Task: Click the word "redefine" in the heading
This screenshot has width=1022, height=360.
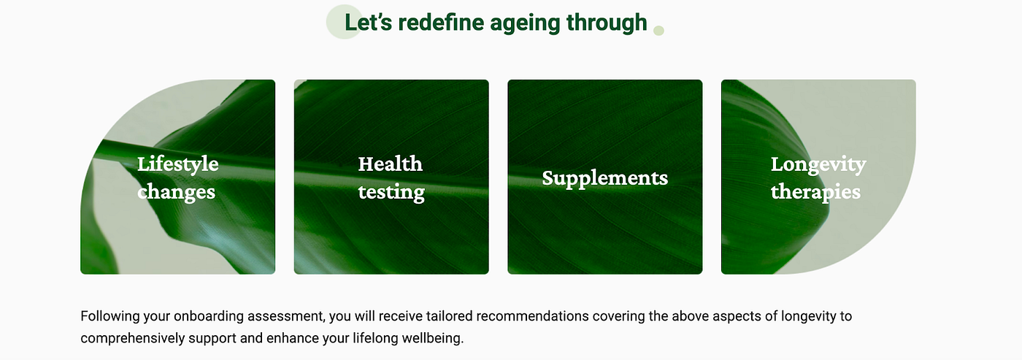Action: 441,23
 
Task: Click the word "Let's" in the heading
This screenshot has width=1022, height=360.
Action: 368,23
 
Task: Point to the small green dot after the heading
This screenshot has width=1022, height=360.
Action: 658,31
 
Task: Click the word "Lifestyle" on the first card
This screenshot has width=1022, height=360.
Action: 178,164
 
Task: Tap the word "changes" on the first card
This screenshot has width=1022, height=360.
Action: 176,192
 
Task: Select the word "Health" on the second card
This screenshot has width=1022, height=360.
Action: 390,164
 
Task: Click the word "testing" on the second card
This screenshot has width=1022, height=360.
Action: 391,192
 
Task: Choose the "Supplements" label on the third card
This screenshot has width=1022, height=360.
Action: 605,178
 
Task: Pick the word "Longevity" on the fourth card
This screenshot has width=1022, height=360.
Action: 818,165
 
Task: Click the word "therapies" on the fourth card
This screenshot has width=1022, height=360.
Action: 816,191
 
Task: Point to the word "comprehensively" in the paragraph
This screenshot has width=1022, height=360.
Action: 133,338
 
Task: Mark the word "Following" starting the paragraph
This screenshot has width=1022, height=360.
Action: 110,316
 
